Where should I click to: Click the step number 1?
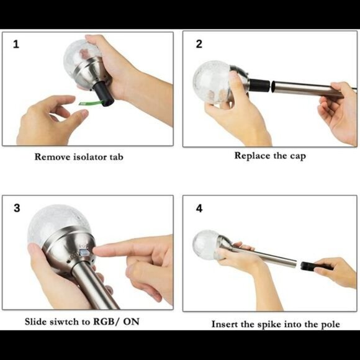point(16,44)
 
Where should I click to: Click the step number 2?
point(199,44)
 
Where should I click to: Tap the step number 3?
point(17,208)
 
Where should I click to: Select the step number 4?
point(199,209)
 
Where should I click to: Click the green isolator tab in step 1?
point(90,102)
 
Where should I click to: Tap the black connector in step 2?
point(259,85)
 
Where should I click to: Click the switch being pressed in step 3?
point(84,253)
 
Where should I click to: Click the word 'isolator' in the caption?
point(90,157)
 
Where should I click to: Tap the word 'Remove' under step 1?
point(53,157)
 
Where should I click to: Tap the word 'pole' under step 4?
point(331,325)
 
